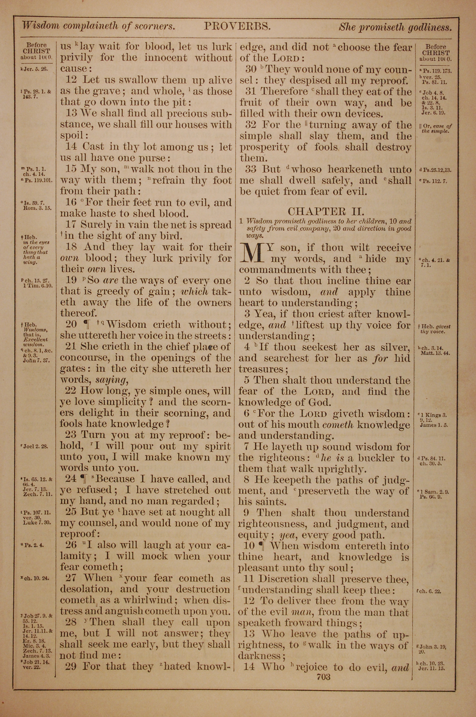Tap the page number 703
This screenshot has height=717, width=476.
[323, 676]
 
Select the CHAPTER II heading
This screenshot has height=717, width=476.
[326, 211]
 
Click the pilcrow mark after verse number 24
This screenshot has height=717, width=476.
[82, 479]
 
